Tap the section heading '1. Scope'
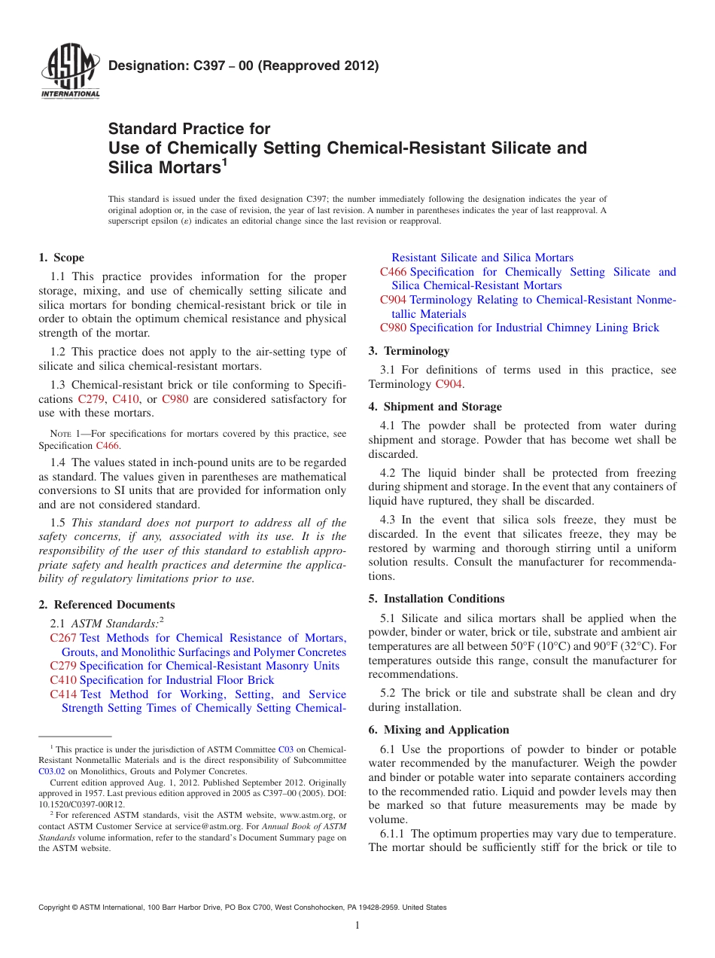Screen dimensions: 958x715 coord(62,258)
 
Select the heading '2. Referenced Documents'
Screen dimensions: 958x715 coord(107,605)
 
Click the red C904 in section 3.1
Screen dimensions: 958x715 coord(449,384)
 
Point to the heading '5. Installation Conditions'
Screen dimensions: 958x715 coord(437,599)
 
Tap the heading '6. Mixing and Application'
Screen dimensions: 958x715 coord(439,730)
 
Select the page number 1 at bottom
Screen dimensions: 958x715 coord(357,925)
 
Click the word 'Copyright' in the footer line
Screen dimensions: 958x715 coord(55,908)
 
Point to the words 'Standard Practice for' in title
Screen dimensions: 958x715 coord(190,129)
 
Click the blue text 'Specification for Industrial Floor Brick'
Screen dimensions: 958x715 coord(177,680)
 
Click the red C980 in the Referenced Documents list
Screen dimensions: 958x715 coord(394,328)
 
